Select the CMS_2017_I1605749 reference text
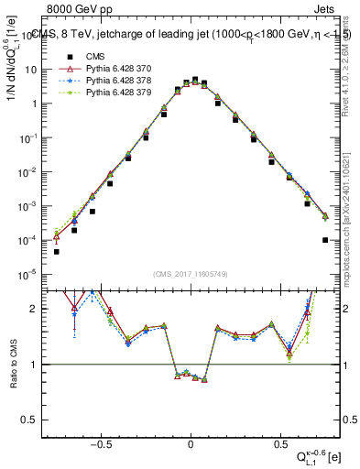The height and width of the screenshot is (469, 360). [190, 274]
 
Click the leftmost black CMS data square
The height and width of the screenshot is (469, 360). [57, 251]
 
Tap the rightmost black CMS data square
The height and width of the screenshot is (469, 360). [325, 240]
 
